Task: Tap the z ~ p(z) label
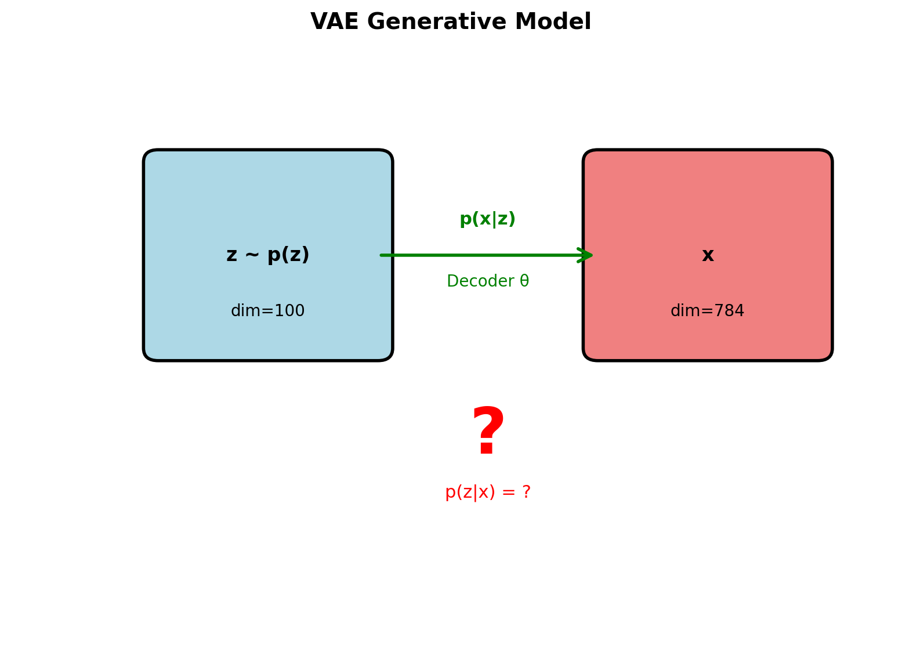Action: click(267, 255)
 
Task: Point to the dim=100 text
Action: click(267, 312)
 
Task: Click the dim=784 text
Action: click(707, 312)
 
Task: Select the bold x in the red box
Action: click(708, 256)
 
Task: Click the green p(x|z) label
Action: click(487, 219)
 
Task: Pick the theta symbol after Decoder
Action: click(524, 281)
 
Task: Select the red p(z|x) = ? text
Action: click(487, 492)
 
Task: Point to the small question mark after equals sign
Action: click(526, 492)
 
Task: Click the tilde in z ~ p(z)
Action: click(252, 255)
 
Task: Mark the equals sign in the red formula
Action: click(509, 492)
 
